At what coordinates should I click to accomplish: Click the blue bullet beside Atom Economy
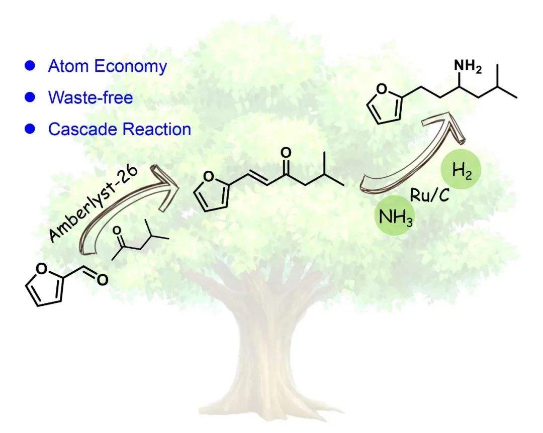pyautogui.click(x=30, y=66)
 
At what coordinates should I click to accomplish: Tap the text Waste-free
pyautogui.click(x=90, y=97)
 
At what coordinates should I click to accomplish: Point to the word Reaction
pyautogui.click(x=157, y=129)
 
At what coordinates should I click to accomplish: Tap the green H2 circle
pyautogui.click(x=461, y=170)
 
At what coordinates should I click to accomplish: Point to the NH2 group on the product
pyautogui.click(x=468, y=66)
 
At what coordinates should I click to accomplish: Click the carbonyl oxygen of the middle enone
pyautogui.click(x=286, y=153)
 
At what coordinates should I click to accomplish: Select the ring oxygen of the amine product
pyautogui.click(x=381, y=89)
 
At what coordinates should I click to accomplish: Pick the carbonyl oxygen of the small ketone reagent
pyautogui.click(x=117, y=230)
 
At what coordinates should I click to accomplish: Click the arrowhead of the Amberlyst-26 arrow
pyautogui.click(x=167, y=185)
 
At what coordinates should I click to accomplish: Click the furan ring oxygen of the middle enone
pyautogui.click(x=209, y=176)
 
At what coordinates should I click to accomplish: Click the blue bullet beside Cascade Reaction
pyautogui.click(x=30, y=129)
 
